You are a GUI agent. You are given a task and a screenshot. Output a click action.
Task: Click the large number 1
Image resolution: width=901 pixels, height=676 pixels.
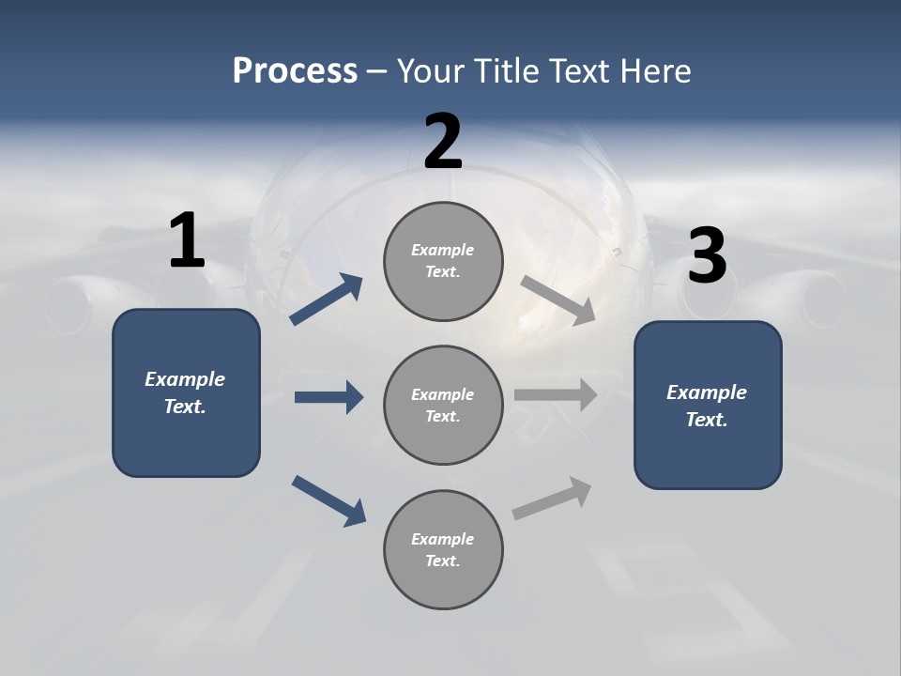(x=187, y=241)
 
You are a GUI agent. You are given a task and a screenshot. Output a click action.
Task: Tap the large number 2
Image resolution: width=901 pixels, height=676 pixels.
(x=443, y=142)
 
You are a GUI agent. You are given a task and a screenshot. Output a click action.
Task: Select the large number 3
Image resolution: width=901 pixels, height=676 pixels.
(x=708, y=256)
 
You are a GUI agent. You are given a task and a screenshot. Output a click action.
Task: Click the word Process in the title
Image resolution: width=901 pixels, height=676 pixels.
(x=295, y=70)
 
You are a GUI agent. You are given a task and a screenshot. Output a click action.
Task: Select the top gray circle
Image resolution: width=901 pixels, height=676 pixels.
(x=443, y=261)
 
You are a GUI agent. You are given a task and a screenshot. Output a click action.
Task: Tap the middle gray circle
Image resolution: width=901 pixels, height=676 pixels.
(x=443, y=405)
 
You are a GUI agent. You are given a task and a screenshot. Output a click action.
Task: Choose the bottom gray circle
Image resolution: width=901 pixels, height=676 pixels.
(x=443, y=549)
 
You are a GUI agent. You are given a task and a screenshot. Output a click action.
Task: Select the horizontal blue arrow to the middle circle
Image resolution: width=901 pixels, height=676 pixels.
(x=328, y=397)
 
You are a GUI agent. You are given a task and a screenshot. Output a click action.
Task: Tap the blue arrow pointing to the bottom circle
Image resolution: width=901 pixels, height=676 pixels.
(x=328, y=499)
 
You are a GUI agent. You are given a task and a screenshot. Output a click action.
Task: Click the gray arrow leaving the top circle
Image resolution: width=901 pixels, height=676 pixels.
(x=558, y=300)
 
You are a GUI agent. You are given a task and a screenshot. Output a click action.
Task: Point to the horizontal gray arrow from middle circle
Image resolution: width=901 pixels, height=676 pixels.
(x=556, y=395)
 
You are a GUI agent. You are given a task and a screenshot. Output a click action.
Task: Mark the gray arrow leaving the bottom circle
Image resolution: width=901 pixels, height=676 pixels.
(x=552, y=499)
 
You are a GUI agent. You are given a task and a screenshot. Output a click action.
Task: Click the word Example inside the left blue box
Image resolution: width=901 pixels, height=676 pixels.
(x=185, y=379)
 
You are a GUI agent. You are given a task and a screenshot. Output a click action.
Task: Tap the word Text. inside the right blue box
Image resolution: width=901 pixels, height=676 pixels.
(x=707, y=420)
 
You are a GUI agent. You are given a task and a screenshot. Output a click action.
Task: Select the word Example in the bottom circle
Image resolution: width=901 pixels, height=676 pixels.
(x=443, y=539)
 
